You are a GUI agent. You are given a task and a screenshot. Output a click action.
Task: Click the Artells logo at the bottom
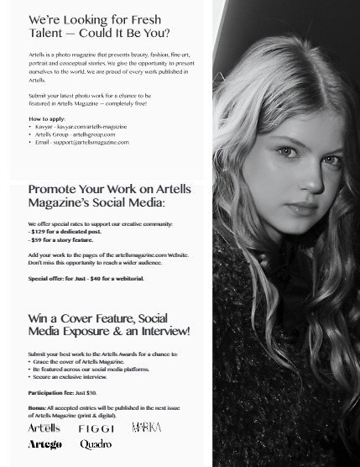click(44, 428)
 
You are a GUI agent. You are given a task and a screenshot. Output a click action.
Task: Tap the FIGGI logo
click(96, 429)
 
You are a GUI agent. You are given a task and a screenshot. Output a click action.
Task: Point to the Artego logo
click(44, 444)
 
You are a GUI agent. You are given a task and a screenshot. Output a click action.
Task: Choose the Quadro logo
click(96, 444)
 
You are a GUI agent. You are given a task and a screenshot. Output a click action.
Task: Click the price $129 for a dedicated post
click(39, 232)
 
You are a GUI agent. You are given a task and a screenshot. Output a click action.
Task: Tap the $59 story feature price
click(37, 240)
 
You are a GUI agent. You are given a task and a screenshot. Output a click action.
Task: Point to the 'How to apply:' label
click(46, 119)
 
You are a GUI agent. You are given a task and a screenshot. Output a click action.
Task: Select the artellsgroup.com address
click(93, 134)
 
